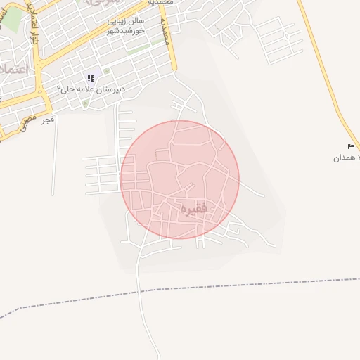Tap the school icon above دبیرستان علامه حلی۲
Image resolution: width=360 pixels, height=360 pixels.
pos(90,78)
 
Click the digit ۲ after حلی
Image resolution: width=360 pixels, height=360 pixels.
pos(60,89)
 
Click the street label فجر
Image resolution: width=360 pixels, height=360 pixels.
pos(47,120)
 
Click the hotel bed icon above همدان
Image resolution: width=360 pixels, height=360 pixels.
pos(351,146)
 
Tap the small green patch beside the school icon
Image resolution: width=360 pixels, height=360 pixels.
pos(107,71)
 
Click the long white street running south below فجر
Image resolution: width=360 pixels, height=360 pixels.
pos(54,162)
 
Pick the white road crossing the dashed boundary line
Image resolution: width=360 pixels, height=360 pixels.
pos(142,290)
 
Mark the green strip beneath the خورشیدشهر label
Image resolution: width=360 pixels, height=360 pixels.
pos(140,49)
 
